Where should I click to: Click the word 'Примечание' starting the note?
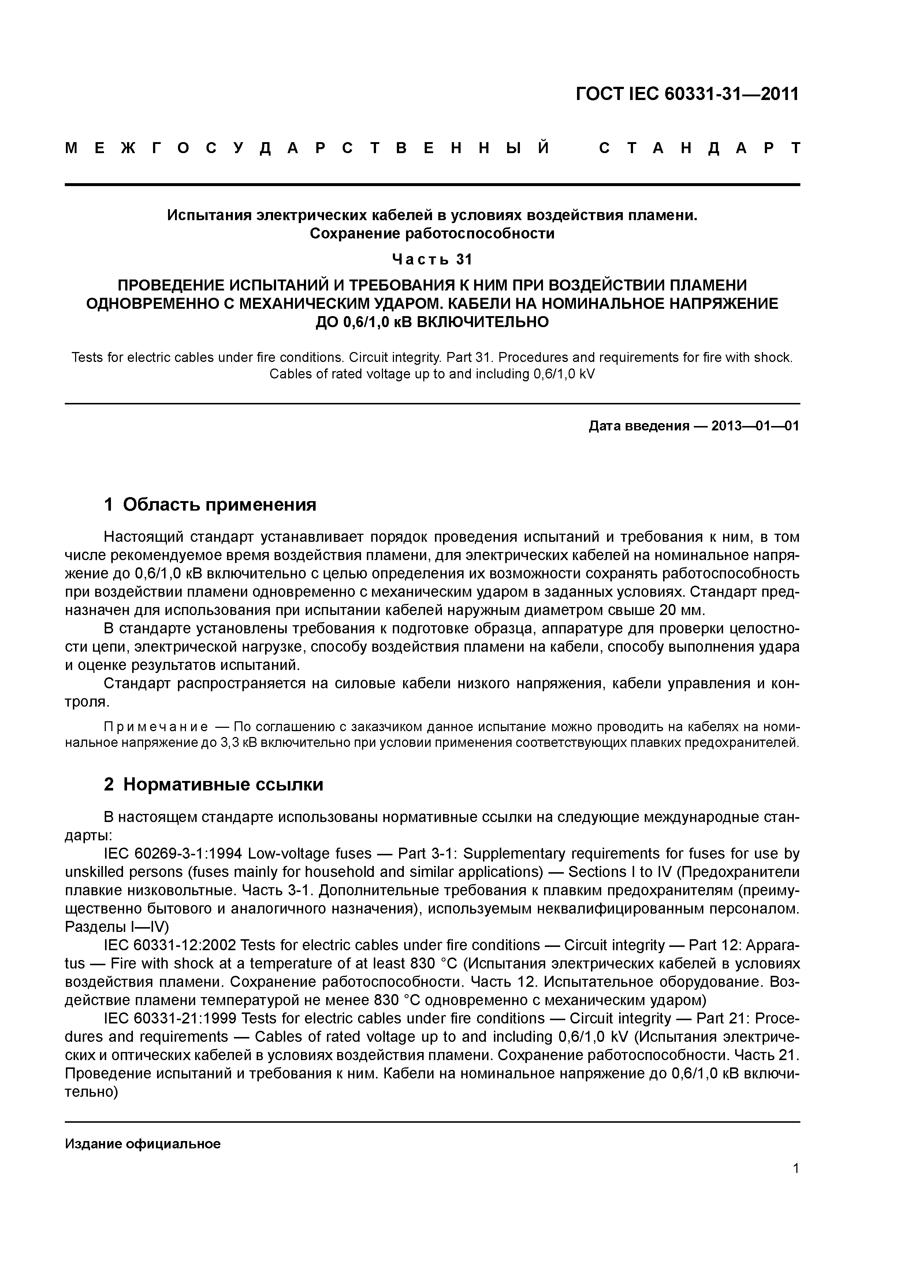156,727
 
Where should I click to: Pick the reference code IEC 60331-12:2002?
172,945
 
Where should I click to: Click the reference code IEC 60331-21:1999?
172,1018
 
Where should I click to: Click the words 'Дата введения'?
638,426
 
